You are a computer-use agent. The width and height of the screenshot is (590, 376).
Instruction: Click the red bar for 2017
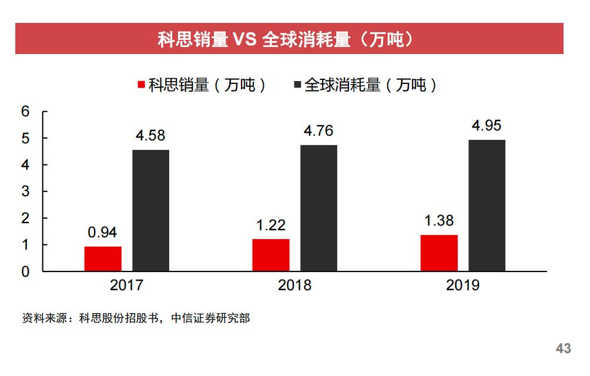(x=103, y=259)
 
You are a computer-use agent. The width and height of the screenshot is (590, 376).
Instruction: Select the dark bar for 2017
(x=151, y=210)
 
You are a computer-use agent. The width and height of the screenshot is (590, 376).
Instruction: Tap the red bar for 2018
(x=271, y=255)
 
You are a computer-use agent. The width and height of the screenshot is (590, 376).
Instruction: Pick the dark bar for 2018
(x=319, y=208)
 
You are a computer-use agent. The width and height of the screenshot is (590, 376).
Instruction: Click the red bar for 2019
(x=439, y=253)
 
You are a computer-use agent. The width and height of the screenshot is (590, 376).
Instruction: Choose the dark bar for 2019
(x=487, y=206)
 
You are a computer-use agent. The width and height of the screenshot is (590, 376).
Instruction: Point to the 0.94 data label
(x=103, y=233)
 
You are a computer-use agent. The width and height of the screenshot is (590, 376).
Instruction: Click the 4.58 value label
(x=150, y=136)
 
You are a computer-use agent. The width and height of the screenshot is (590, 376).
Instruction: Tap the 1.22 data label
(x=271, y=225)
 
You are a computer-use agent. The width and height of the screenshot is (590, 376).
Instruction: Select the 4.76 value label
(x=319, y=130)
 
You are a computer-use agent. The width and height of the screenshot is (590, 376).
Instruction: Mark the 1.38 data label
(x=439, y=221)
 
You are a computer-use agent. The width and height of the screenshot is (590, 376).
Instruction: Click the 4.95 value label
(x=487, y=126)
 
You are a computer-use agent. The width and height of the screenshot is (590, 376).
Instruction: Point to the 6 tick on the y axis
(x=25, y=112)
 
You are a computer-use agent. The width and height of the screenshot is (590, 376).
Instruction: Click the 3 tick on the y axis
(x=25, y=192)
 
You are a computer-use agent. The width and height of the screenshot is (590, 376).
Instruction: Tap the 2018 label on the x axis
(x=295, y=286)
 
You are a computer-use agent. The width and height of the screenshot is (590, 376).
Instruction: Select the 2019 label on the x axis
(x=463, y=286)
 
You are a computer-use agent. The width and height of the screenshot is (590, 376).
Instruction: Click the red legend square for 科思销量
(x=141, y=86)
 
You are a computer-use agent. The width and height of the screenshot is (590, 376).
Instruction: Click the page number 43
(x=563, y=349)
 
